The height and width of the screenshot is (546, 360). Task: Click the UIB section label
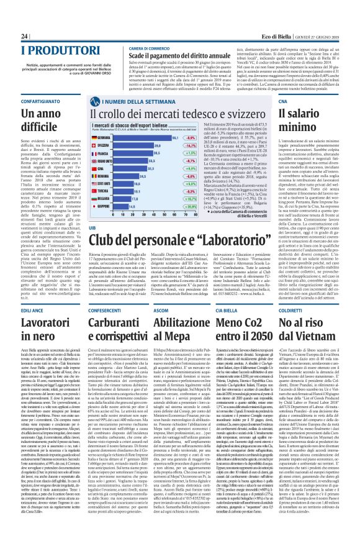[94, 211]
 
